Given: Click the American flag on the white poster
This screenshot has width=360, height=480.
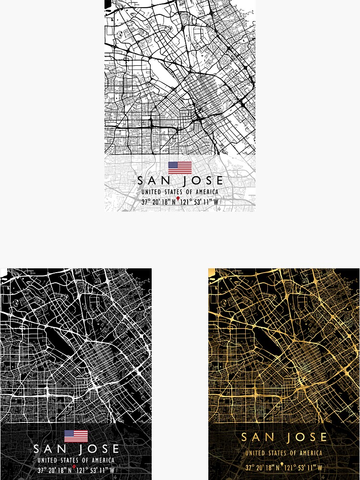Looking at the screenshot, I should point(180,168).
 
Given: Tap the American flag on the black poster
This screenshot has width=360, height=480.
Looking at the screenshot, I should point(76,436).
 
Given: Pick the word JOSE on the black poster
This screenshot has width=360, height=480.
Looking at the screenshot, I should point(99,449).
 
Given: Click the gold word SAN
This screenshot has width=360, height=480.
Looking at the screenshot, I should point(257,437).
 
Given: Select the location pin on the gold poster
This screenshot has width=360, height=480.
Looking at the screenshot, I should point(282,465).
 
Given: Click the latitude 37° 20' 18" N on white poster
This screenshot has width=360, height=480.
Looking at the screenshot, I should point(158,202).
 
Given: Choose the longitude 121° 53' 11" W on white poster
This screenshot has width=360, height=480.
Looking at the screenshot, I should point(200,202).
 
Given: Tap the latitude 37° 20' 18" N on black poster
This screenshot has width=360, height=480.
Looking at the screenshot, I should point(55,470).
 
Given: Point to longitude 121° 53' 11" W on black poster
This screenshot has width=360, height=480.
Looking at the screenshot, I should point(96,470).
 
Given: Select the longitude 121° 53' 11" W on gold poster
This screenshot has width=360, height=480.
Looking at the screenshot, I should point(303,468).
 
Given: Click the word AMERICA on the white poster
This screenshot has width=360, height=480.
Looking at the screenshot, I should point(206,192).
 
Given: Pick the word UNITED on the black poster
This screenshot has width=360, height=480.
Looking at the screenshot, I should point(47,460).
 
